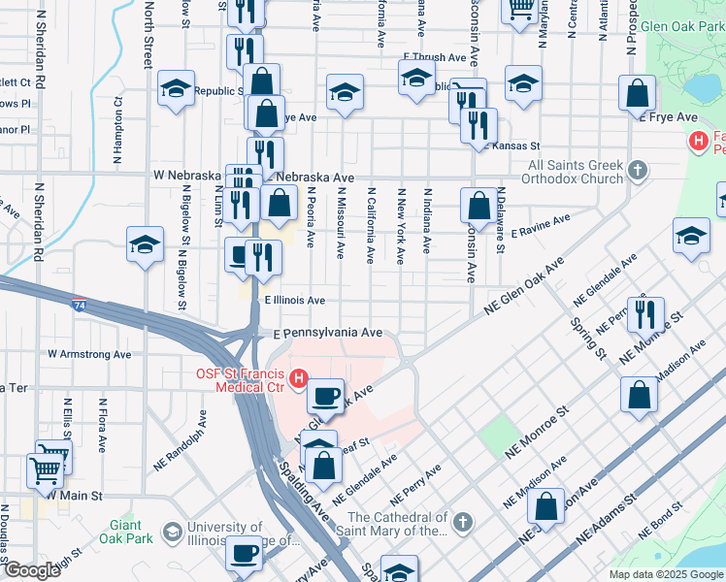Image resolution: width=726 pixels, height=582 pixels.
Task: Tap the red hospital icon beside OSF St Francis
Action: pyautogui.click(x=300, y=377)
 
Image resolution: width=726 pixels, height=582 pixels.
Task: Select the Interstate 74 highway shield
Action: pyautogui.click(x=78, y=305)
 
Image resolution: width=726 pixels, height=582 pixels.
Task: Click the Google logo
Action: pyautogui.click(x=31, y=570)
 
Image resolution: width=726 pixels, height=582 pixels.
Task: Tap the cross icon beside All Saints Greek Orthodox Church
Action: pyautogui.click(x=638, y=172)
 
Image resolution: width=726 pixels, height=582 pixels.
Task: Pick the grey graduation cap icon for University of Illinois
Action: pyautogui.click(x=172, y=532)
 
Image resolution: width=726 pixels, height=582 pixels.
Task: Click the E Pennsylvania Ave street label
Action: pyautogui.click(x=327, y=332)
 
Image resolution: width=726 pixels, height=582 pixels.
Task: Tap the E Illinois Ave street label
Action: pyautogui.click(x=295, y=301)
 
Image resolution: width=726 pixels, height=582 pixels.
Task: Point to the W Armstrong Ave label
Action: pyautogui.click(x=88, y=355)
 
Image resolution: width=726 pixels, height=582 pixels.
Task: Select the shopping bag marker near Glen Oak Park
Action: pyautogui.click(x=637, y=94)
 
